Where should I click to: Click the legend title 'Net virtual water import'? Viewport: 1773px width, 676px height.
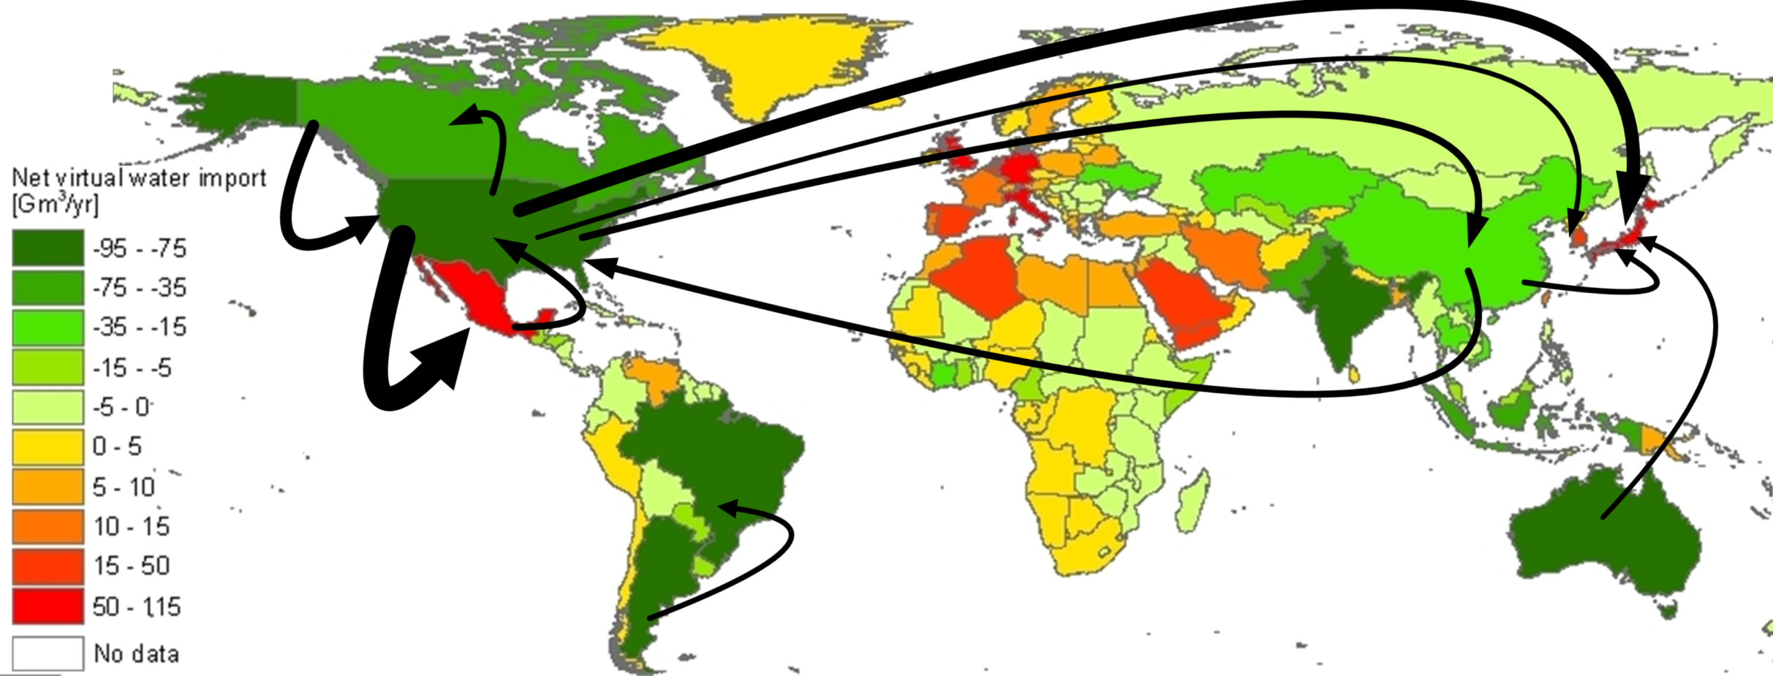[139, 178]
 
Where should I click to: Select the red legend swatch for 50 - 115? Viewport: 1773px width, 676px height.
[48, 607]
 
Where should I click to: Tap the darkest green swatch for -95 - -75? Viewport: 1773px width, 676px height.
[48, 248]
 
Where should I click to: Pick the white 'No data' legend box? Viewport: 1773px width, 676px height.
[48, 653]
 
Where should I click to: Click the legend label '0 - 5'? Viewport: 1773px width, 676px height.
[117, 447]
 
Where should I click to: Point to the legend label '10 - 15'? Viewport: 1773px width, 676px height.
[132, 526]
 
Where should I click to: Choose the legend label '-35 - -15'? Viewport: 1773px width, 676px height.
[139, 327]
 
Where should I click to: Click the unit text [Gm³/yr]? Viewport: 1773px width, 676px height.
[55, 204]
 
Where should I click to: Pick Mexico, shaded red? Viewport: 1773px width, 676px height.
[468, 292]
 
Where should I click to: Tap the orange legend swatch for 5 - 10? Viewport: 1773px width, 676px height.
[48, 487]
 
